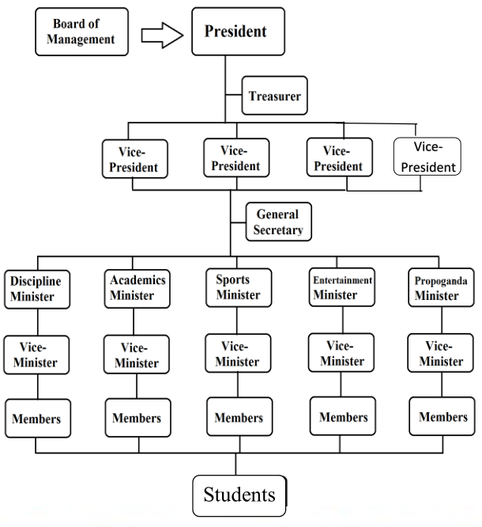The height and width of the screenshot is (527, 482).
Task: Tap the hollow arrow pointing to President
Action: pos(161,36)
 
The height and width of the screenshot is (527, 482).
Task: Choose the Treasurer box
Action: pos(273,96)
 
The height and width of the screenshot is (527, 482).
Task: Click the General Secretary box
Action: pos(278,222)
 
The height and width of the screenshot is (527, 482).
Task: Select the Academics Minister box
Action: pos(137,288)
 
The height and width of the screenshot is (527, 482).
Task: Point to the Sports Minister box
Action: pos(239,287)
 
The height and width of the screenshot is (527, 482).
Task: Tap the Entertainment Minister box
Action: pos(342,289)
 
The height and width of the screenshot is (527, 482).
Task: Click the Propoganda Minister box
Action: pos(437,289)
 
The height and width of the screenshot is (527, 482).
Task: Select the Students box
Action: pos(239,495)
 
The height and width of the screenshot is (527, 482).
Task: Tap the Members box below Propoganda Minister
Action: pos(442,417)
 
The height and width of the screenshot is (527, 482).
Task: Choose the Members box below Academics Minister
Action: pos(137,418)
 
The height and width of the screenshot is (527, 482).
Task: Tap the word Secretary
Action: pos(278,230)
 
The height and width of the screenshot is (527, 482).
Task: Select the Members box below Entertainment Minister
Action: pos(343,416)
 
